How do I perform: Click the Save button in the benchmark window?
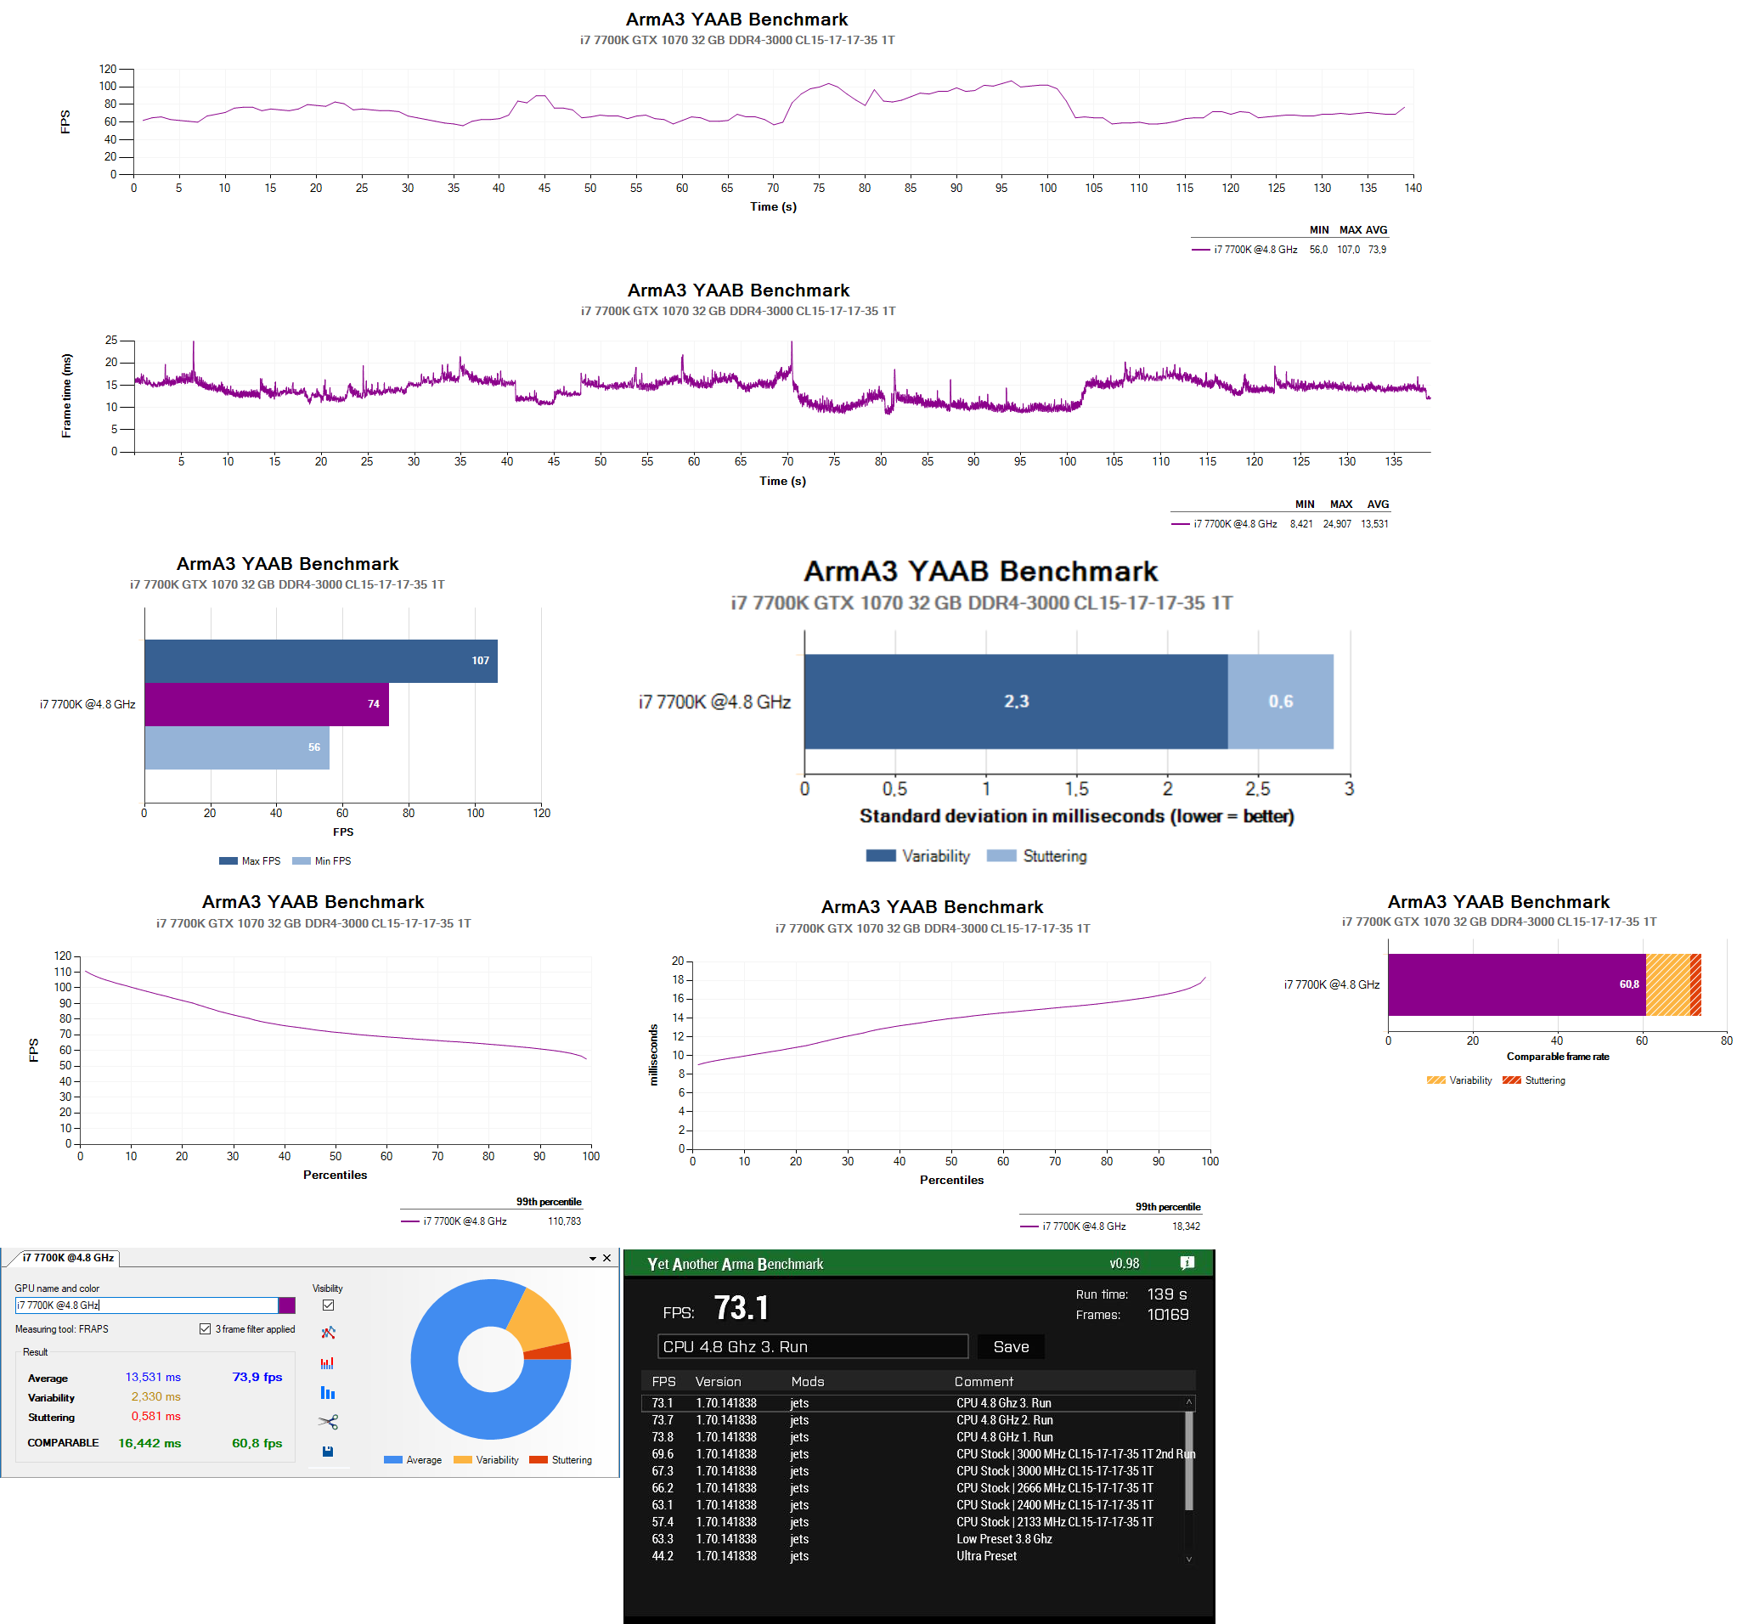[x=1011, y=1346]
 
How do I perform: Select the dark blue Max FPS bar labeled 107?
[x=320, y=661]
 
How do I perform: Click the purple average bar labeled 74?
[x=265, y=704]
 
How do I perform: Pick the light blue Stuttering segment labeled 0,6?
[x=1279, y=702]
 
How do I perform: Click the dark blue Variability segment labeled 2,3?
[x=1015, y=702]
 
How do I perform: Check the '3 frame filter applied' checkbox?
[x=205, y=1328]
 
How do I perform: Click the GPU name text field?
[x=146, y=1305]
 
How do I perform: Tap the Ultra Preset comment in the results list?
[x=986, y=1555]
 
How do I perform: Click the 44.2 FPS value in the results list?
[x=663, y=1555]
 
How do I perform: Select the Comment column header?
[x=984, y=1381]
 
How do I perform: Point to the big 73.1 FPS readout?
[x=741, y=1308]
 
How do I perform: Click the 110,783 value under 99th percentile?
[x=564, y=1221]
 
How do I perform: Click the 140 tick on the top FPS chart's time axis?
[x=1413, y=188]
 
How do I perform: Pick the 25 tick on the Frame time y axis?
[x=111, y=340]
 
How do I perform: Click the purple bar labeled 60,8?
[x=1516, y=984]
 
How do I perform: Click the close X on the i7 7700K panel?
[x=606, y=1258]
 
